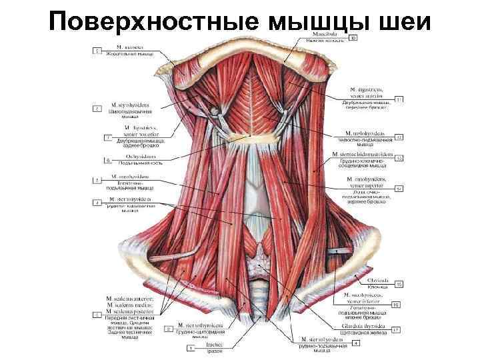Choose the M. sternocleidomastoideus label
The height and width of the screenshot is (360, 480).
[x=369, y=155]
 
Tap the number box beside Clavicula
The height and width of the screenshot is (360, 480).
[x=399, y=285]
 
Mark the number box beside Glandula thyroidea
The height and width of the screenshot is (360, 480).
[x=395, y=329]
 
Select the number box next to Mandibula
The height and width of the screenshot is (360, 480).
[x=353, y=38]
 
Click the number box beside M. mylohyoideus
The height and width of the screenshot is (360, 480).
[x=399, y=137]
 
